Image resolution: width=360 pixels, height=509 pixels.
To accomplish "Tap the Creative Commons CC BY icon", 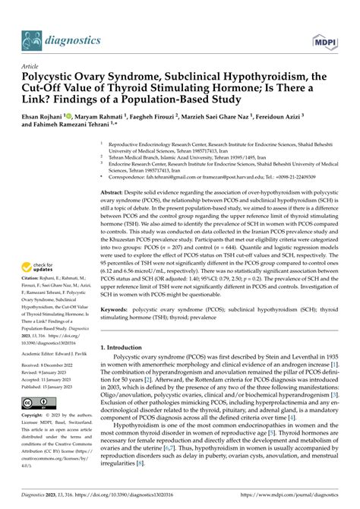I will click(37, 401).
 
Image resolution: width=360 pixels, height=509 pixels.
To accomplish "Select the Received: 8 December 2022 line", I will click(52, 365).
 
